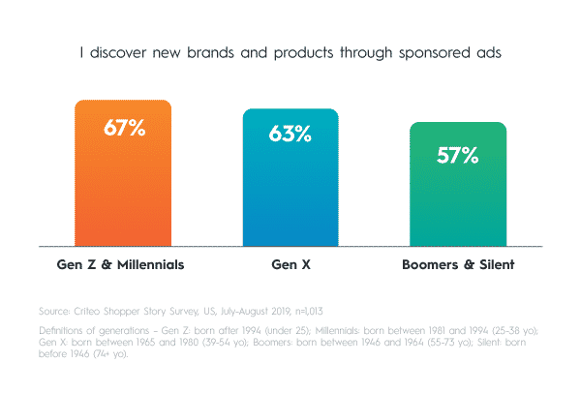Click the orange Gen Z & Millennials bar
(123, 173)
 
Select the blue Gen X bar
(290, 177)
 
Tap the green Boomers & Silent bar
(458, 184)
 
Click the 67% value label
(125, 128)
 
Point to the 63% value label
(290, 134)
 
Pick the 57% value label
(458, 155)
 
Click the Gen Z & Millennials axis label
(120, 264)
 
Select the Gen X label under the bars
(290, 264)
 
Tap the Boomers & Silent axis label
(458, 264)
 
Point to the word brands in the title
(210, 52)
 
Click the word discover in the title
(118, 52)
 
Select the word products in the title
(303, 53)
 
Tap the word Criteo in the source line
(87, 311)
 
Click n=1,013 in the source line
(309, 311)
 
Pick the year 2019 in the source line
(281, 311)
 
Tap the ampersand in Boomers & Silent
(469, 264)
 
